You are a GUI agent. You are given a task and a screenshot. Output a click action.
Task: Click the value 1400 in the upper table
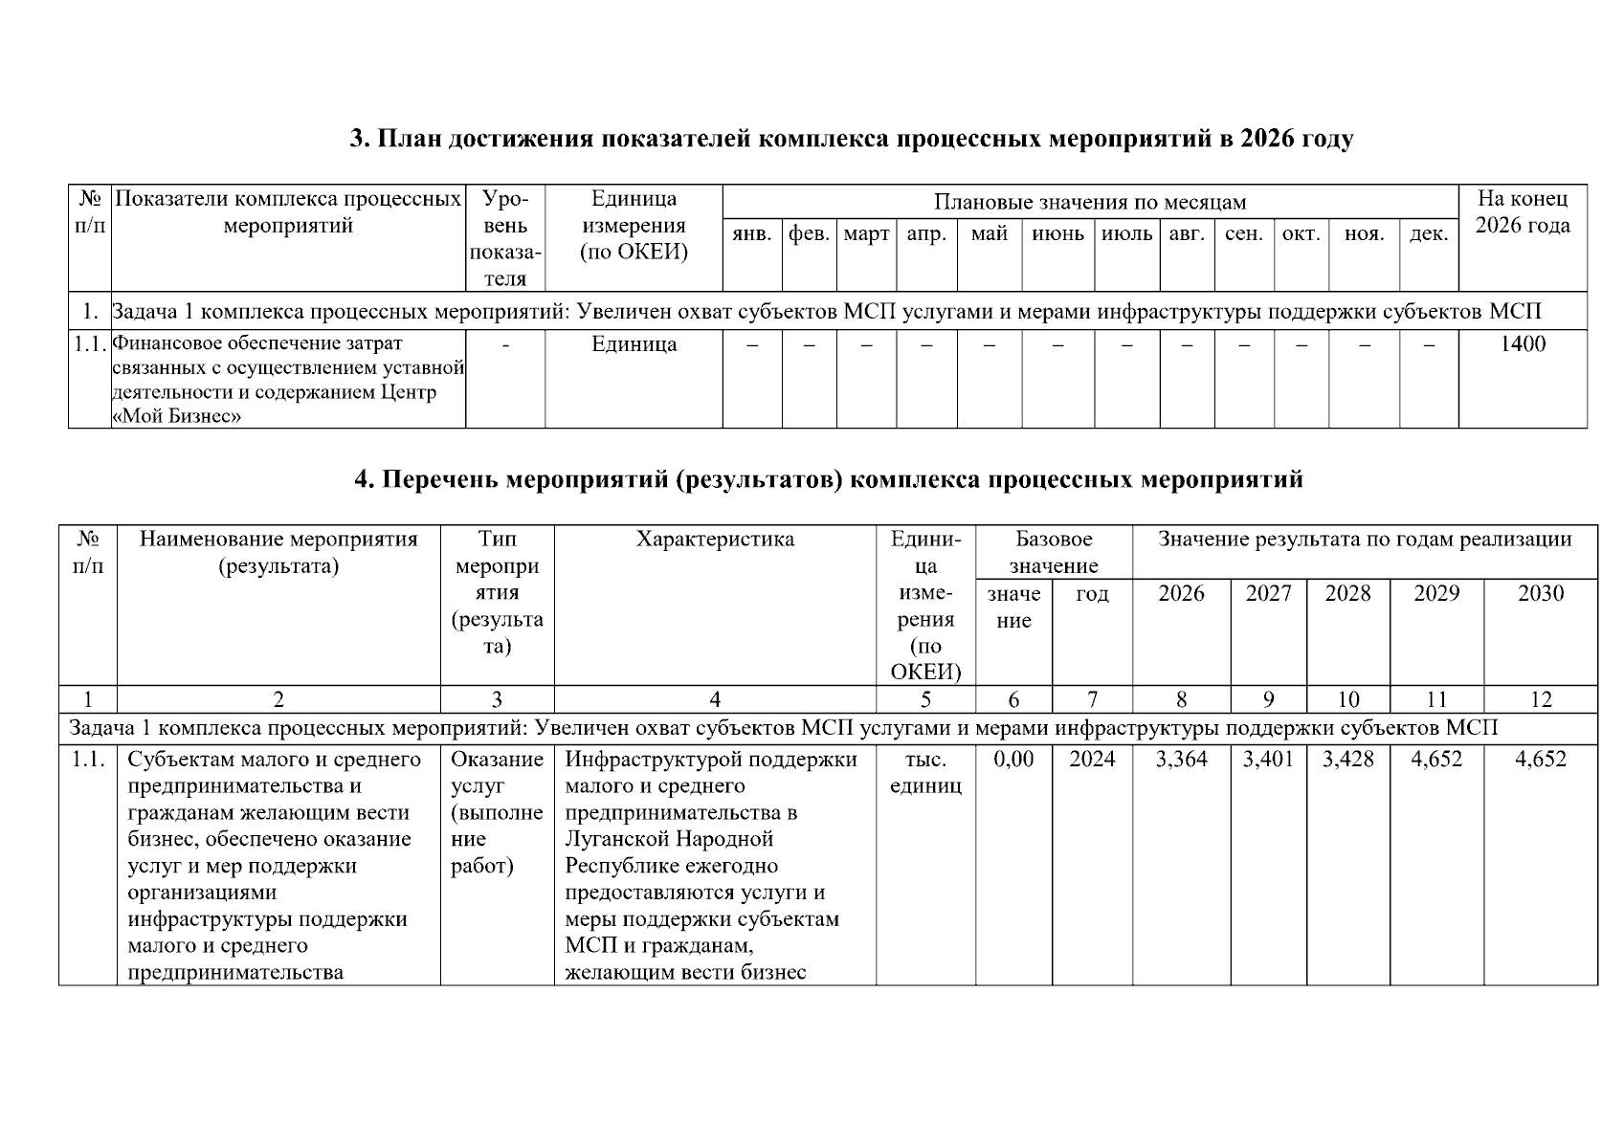[x=1522, y=344]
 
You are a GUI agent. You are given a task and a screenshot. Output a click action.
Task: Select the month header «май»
[x=989, y=234]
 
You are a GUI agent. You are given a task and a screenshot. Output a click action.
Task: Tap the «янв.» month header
[x=751, y=234]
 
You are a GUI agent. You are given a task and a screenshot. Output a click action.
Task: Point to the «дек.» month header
[x=1428, y=234]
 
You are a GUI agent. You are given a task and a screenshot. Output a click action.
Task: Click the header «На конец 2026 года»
[x=1522, y=212]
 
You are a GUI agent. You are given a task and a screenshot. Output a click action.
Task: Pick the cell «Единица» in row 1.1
[x=634, y=344]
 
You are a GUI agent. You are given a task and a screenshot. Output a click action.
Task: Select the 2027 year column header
[x=1268, y=593]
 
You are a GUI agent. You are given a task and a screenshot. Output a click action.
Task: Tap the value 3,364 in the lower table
[x=1181, y=760]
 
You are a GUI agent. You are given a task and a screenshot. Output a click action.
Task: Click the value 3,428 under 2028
[x=1347, y=760]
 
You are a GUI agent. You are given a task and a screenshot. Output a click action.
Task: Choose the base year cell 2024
[x=1092, y=760]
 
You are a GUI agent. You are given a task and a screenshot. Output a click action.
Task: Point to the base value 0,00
[x=1013, y=760]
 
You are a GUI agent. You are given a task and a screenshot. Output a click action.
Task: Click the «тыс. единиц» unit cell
[x=925, y=773]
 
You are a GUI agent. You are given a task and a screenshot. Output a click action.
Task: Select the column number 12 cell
[x=1540, y=699]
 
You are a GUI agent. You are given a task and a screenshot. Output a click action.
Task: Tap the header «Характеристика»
[x=715, y=540]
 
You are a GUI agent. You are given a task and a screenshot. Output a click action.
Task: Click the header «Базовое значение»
[x=1054, y=552]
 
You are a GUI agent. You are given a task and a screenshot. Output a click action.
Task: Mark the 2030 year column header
[x=1540, y=593]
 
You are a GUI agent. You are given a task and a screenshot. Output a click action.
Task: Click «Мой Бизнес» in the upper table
[x=177, y=416]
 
